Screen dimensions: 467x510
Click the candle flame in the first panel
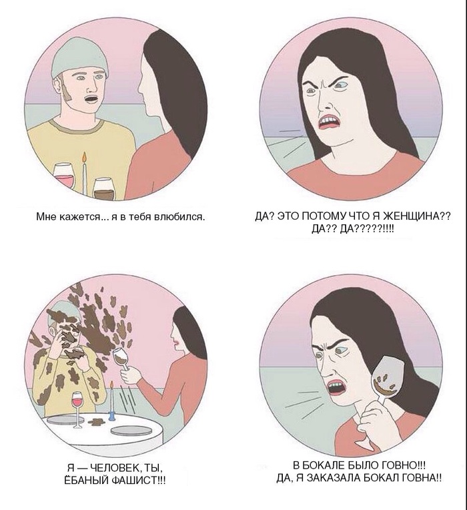(85, 157)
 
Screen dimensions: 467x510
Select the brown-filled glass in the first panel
(104, 188)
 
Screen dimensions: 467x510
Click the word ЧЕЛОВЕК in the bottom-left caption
(113, 469)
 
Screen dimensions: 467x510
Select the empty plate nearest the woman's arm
(131, 431)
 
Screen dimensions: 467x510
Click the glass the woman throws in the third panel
(121, 358)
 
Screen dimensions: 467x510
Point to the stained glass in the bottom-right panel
(386, 379)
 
